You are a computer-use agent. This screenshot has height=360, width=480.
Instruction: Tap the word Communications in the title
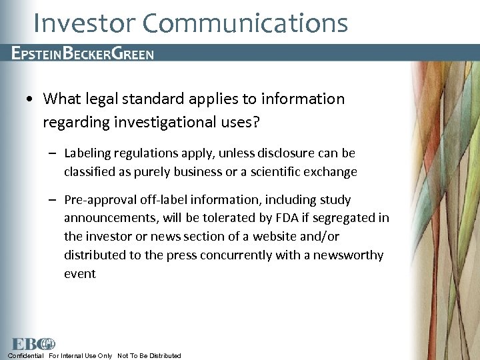(x=245, y=23)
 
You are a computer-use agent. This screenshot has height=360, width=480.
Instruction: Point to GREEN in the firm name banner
(x=131, y=53)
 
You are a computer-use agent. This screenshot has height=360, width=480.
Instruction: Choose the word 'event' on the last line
(x=80, y=274)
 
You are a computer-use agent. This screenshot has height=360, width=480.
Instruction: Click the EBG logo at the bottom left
(x=32, y=343)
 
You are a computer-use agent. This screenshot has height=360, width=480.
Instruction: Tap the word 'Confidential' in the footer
(x=26, y=355)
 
